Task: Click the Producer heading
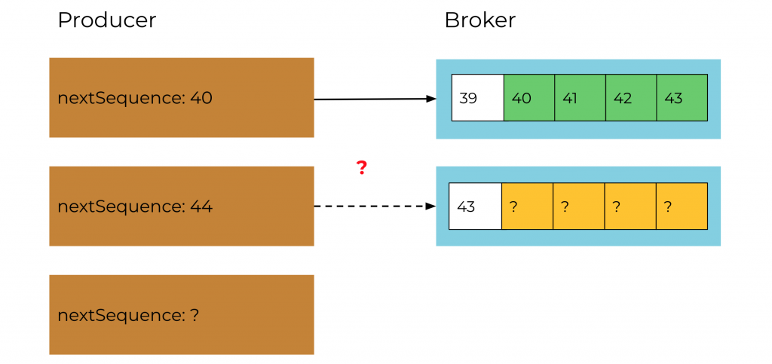[x=106, y=20]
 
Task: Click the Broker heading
[x=479, y=20]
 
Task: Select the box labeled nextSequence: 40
[x=181, y=98]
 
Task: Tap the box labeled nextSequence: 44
[x=181, y=206]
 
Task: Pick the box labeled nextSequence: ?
[x=181, y=314]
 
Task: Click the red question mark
[x=362, y=168]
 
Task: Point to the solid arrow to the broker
[x=373, y=99]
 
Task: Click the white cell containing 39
[x=477, y=98]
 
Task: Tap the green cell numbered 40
[x=528, y=98]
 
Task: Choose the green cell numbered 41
[x=580, y=98]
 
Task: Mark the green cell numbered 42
[x=631, y=98]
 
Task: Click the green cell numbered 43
[x=682, y=98]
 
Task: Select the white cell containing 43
[x=475, y=206]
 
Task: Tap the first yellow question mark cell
[x=527, y=206]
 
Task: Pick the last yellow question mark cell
[x=682, y=206]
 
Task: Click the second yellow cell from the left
[x=579, y=206]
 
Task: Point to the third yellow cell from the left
[x=630, y=206]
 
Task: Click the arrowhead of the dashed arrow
[x=431, y=206]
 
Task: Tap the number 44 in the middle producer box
[x=202, y=206]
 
